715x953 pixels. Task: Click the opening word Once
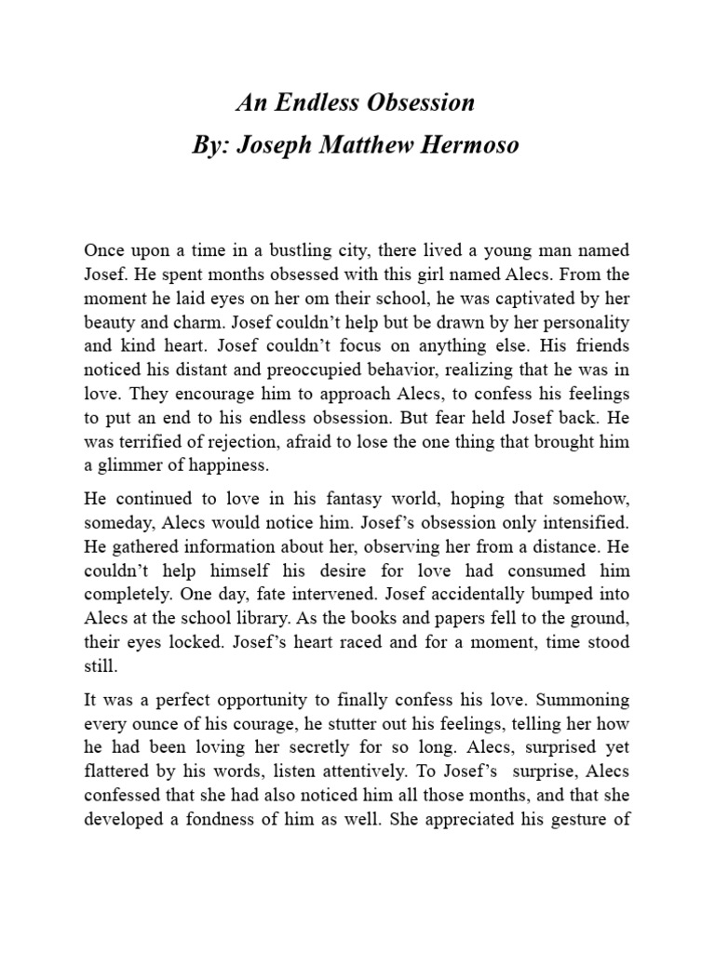[x=104, y=250]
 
